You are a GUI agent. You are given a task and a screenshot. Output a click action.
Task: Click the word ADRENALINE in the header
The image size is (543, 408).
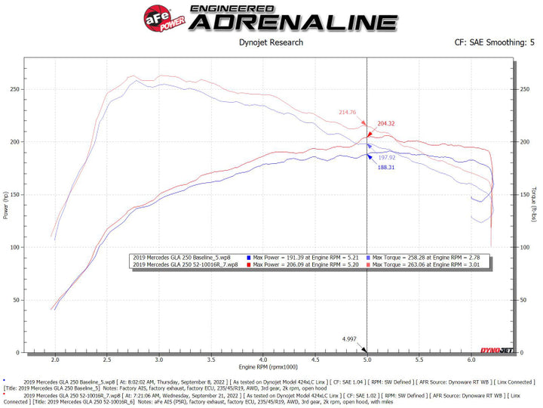click(x=292, y=22)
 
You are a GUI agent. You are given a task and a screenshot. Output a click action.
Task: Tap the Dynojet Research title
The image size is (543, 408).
click(x=271, y=42)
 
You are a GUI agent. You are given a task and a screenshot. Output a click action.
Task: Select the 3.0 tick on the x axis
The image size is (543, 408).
click(x=158, y=360)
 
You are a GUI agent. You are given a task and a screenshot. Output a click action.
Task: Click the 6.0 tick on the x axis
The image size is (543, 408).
click(x=471, y=360)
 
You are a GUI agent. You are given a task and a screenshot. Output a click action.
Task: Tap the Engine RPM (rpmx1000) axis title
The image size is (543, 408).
click(x=262, y=368)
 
